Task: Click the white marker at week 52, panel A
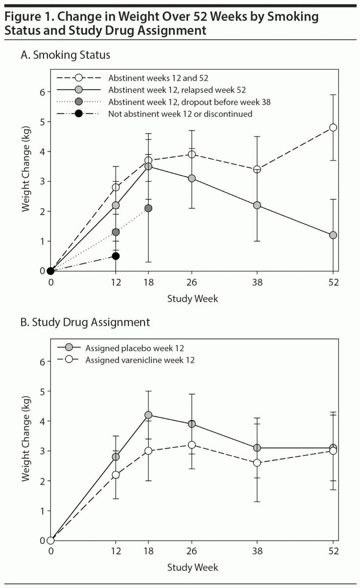click(x=333, y=127)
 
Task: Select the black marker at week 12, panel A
click(x=116, y=256)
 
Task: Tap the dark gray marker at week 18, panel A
click(x=148, y=208)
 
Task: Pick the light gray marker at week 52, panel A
click(x=333, y=235)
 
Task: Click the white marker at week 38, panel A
click(x=257, y=170)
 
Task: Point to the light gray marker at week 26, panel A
click(x=192, y=178)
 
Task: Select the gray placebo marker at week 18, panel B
click(x=148, y=415)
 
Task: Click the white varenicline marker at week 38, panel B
click(x=257, y=463)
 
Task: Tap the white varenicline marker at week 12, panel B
click(x=116, y=474)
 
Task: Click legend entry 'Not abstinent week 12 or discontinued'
click(x=180, y=114)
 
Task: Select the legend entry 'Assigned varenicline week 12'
click(x=140, y=361)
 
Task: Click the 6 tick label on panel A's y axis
click(x=42, y=92)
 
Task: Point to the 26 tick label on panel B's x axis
click(x=192, y=551)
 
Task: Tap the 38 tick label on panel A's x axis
click(x=257, y=282)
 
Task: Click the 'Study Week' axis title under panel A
click(x=192, y=298)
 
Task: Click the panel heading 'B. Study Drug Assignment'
click(x=85, y=323)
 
